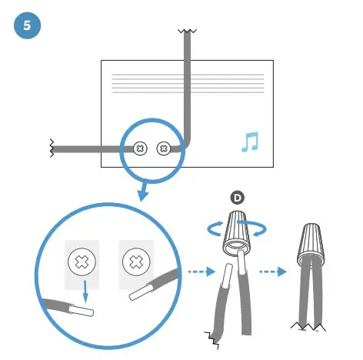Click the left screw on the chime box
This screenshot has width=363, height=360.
click(140, 148)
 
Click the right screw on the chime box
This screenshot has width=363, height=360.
click(163, 148)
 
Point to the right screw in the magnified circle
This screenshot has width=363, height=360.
click(136, 262)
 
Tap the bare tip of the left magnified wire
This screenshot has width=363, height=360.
click(83, 312)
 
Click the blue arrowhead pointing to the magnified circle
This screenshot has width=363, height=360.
click(143, 193)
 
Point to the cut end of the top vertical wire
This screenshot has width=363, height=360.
click(185, 33)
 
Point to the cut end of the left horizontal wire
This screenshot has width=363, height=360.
click(52, 146)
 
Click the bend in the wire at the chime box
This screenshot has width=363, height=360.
click(184, 143)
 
